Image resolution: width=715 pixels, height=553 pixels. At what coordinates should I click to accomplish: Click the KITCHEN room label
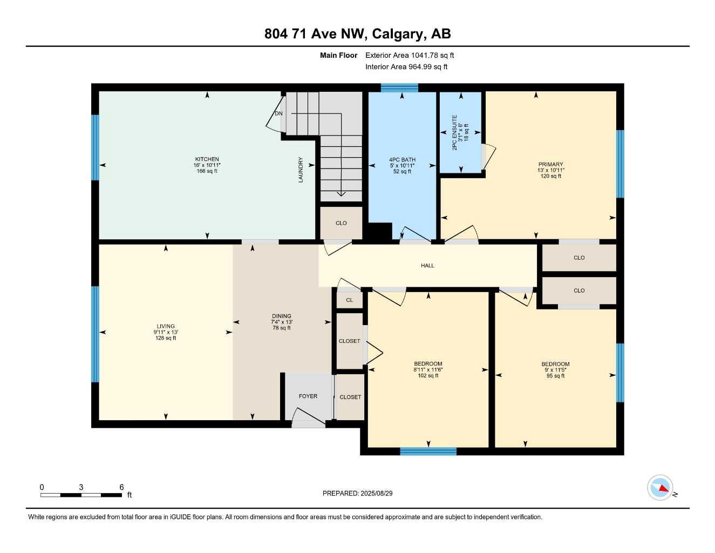click(207, 159)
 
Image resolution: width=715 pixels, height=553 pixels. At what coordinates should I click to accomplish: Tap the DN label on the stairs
click(278, 113)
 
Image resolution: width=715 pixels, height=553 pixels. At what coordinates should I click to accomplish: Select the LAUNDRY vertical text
click(301, 170)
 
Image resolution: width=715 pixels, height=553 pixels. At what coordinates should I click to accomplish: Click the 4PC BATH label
click(402, 160)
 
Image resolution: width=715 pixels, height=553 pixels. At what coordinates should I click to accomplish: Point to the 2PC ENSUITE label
click(454, 133)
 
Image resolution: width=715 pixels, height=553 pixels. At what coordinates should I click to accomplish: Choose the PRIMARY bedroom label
click(550, 164)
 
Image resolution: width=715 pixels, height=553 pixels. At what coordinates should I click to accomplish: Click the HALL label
click(427, 265)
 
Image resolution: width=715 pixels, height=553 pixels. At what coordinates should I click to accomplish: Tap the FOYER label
click(308, 396)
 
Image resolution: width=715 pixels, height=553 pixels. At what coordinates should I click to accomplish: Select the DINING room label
click(281, 316)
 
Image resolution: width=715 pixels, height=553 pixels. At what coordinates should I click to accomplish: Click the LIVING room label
click(166, 326)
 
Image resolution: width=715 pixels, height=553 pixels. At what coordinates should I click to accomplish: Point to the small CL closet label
click(350, 300)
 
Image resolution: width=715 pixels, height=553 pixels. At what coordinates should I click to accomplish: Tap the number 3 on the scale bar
click(81, 487)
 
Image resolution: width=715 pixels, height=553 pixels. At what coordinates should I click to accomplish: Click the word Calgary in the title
click(398, 34)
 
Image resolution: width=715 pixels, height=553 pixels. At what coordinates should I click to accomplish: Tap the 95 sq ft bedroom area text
click(555, 375)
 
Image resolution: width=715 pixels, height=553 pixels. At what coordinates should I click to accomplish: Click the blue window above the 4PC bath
click(399, 87)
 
